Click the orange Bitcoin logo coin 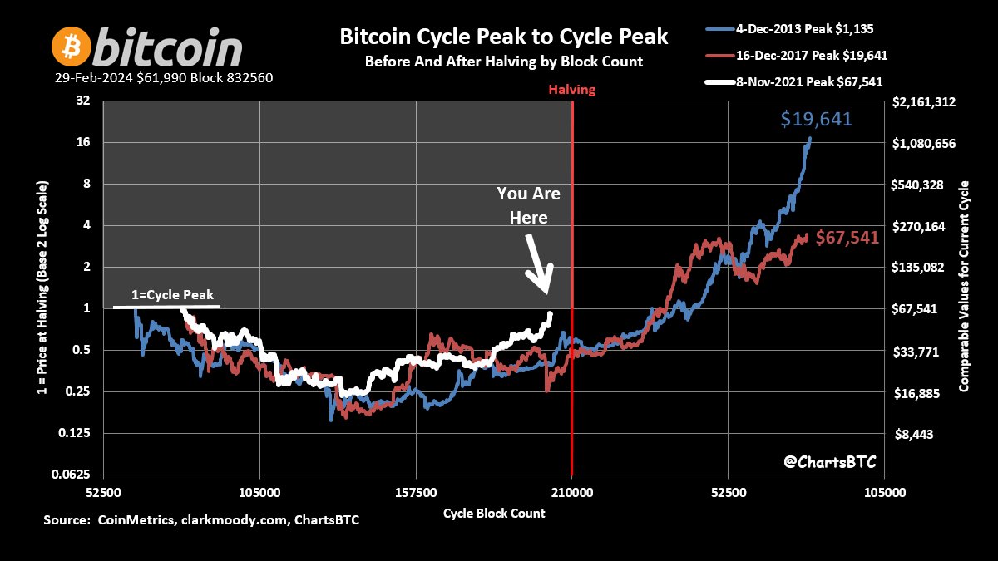pyautogui.click(x=71, y=47)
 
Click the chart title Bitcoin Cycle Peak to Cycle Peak pyautogui.click(x=503, y=37)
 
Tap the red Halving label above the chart pyautogui.click(x=571, y=90)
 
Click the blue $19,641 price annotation pyautogui.click(x=816, y=120)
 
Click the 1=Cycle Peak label pyautogui.click(x=173, y=295)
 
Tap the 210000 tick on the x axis pyautogui.click(x=572, y=492)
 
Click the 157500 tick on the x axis pyautogui.click(x=416, y=492)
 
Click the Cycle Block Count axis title pyautogui.click(x=494, y=513)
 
